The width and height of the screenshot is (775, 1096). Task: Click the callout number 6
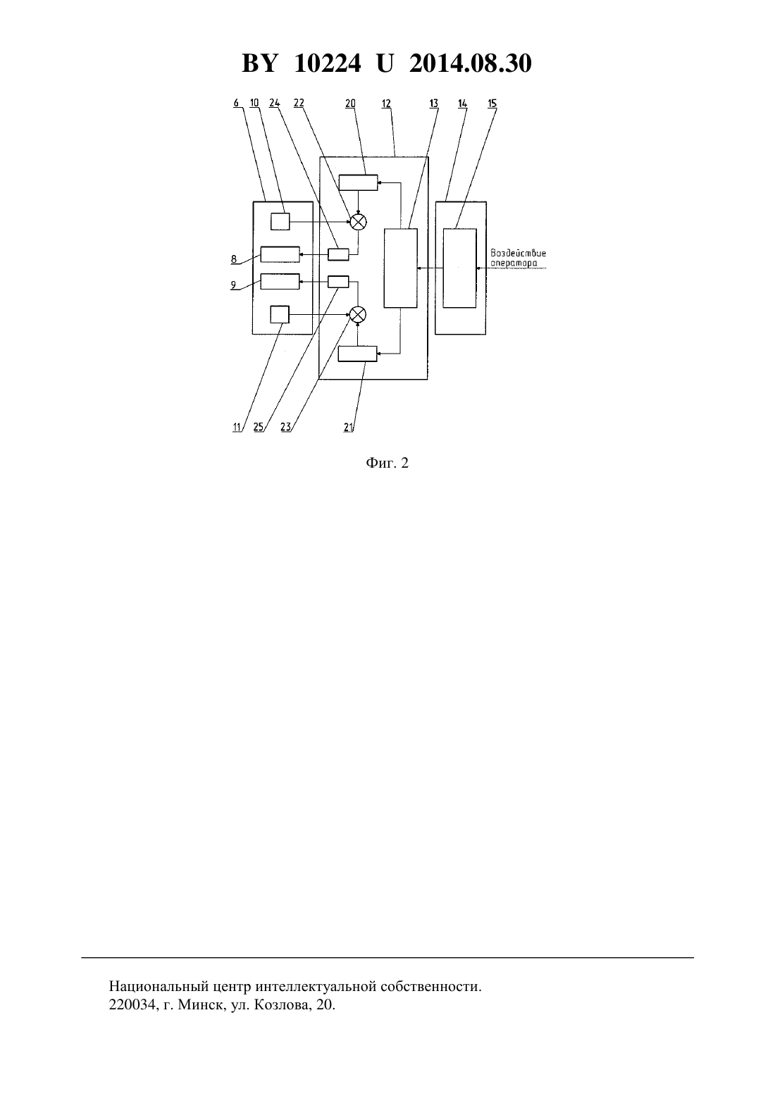[236, 103]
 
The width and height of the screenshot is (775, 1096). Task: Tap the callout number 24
[275, 103]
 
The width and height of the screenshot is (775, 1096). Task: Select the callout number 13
[433, 104]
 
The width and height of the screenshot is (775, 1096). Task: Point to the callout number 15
[492, 104]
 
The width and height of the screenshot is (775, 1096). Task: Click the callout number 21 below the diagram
[348, 427]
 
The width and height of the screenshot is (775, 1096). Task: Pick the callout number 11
[237, 427]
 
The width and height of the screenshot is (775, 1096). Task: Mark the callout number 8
[234, 259]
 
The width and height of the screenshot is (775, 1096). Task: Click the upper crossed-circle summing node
[358, 222]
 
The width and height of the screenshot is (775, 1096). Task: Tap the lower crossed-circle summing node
[358, 314]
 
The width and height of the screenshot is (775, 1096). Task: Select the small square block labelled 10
[280, 222]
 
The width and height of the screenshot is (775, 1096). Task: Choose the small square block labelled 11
[280, 315]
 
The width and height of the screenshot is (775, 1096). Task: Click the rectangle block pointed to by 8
[280, 254]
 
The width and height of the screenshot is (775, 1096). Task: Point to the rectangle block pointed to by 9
[280, 281]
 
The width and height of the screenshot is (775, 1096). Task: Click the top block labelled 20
[358, 182]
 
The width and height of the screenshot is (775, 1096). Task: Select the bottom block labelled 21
[358, 354]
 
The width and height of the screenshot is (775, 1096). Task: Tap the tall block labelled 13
[401, 268]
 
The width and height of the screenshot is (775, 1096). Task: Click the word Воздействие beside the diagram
[518, 254]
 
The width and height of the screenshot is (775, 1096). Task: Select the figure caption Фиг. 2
[387, 463]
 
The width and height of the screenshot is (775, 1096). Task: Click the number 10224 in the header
[328, 63]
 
